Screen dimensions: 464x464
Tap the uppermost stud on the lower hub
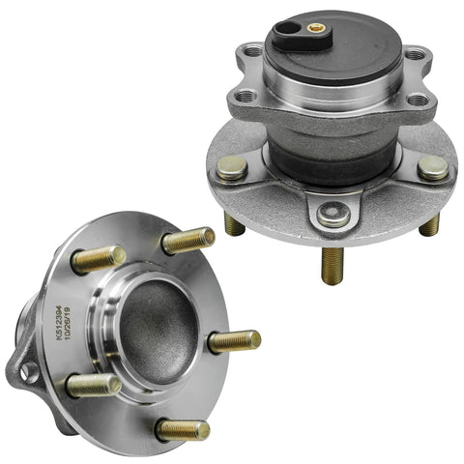tap(189, 240)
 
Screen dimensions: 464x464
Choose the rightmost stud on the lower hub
tap(235, 340)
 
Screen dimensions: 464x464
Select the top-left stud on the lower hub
tap(99, 258)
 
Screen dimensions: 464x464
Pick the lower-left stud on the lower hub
tap(93, 386)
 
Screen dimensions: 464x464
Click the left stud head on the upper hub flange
tap(232, 167)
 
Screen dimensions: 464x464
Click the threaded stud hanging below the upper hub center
tap(333, 264)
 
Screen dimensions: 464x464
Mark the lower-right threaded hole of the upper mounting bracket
tap(417, 101)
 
